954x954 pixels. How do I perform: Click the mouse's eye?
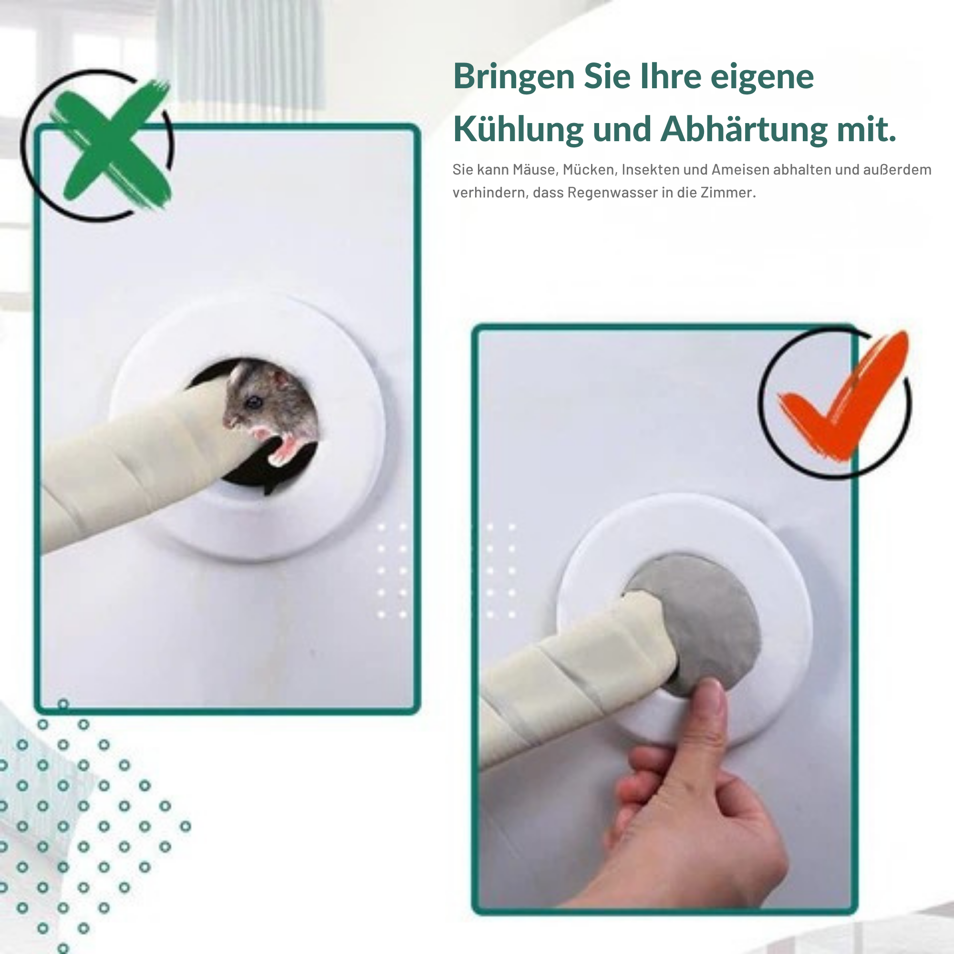[x=254, y=403]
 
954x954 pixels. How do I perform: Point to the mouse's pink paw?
[x=286, y=447]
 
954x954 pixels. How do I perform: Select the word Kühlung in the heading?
[x=518, y=129]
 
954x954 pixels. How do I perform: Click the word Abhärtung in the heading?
[x=744, y=129]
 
